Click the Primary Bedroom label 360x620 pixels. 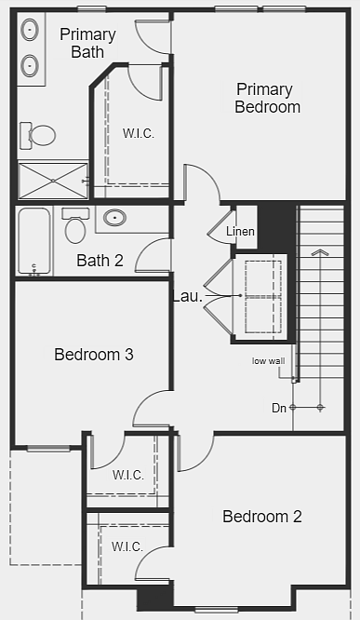(x=268, y=98)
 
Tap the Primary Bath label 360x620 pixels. (x=87, y=43)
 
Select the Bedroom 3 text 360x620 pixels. (x=94, y=355)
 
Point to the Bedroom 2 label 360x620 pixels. (x=262, y=517)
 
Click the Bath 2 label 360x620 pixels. (x=100, y=261)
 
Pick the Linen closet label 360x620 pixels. (x=240, y=231)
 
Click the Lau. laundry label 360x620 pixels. (x=188, y=297)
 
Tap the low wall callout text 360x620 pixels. (x=268, y=361)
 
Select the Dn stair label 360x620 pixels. (x=279, y=408)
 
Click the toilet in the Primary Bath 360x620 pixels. (x=37, y=136)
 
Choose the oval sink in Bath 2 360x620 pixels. (x=114, y=218)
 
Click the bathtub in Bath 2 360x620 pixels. (x=34, y=241)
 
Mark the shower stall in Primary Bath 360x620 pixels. (x=53, y=181)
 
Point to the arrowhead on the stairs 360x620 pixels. (x=320, y=252)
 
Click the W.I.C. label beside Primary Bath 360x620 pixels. (x=139, y=133)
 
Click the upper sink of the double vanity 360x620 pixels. (x=30, y=30)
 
